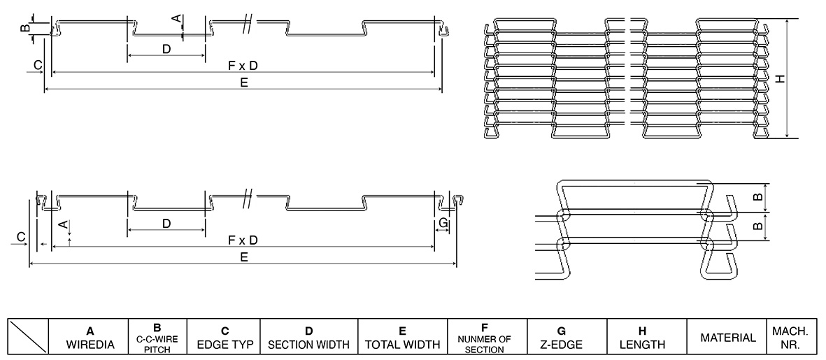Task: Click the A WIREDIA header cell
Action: (90, 337)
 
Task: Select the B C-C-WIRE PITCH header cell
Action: (157, 337)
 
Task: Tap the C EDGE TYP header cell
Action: (224, 337)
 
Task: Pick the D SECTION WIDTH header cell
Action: (308, 337)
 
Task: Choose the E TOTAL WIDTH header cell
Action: (402, 337)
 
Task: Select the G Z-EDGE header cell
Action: (567, 337)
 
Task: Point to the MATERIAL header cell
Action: (727, 337)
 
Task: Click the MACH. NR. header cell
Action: (790, 337)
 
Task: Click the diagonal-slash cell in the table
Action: (29, 337)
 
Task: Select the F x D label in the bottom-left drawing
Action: (243, 240)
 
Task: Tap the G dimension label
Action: (442, 223)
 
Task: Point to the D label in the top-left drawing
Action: (166, 49)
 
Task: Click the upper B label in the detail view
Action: (757, 198)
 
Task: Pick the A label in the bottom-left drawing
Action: (63, 224)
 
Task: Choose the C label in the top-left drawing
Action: (38, 65)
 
